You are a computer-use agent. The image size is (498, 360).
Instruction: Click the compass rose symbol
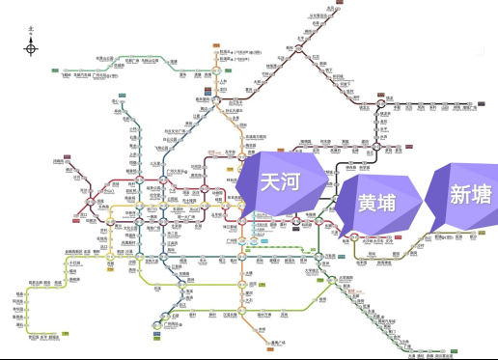[x=31, y=48]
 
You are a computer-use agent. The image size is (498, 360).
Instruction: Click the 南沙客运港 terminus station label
[x=426, y=355]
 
